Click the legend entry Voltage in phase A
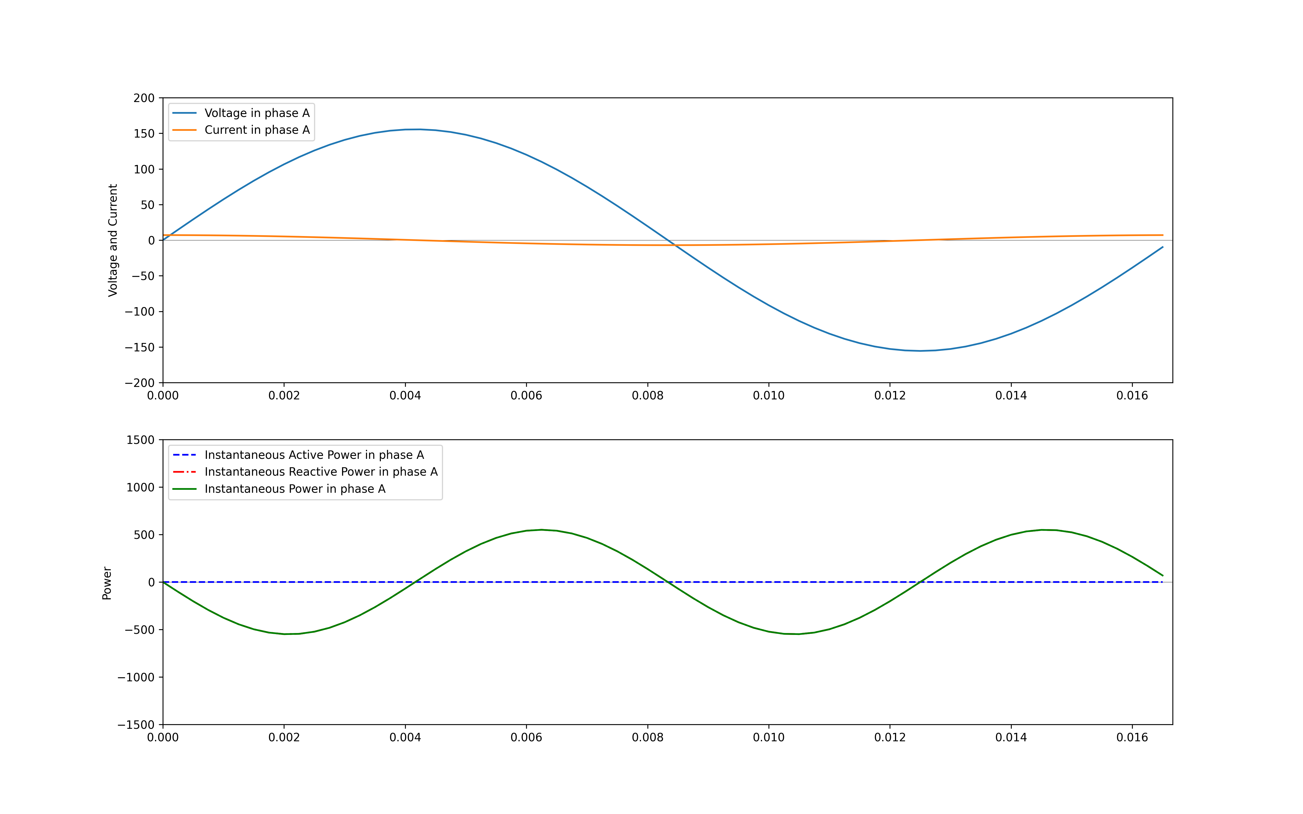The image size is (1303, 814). pos(257,113)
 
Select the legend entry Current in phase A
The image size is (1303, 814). pos(257,130)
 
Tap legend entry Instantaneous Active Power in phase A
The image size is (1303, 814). pos(314,455)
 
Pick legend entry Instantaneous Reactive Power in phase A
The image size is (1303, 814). pos(321,472)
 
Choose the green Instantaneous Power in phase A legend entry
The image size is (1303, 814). pos(295,489)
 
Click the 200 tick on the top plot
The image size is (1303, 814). pos(144,98)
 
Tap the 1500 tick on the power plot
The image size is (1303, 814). pos(140,440)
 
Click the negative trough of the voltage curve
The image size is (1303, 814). pos(921,351)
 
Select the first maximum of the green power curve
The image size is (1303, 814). pos(542,530)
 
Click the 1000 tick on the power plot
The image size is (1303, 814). pos(140,487)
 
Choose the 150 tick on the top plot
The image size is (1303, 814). pos(144,133)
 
